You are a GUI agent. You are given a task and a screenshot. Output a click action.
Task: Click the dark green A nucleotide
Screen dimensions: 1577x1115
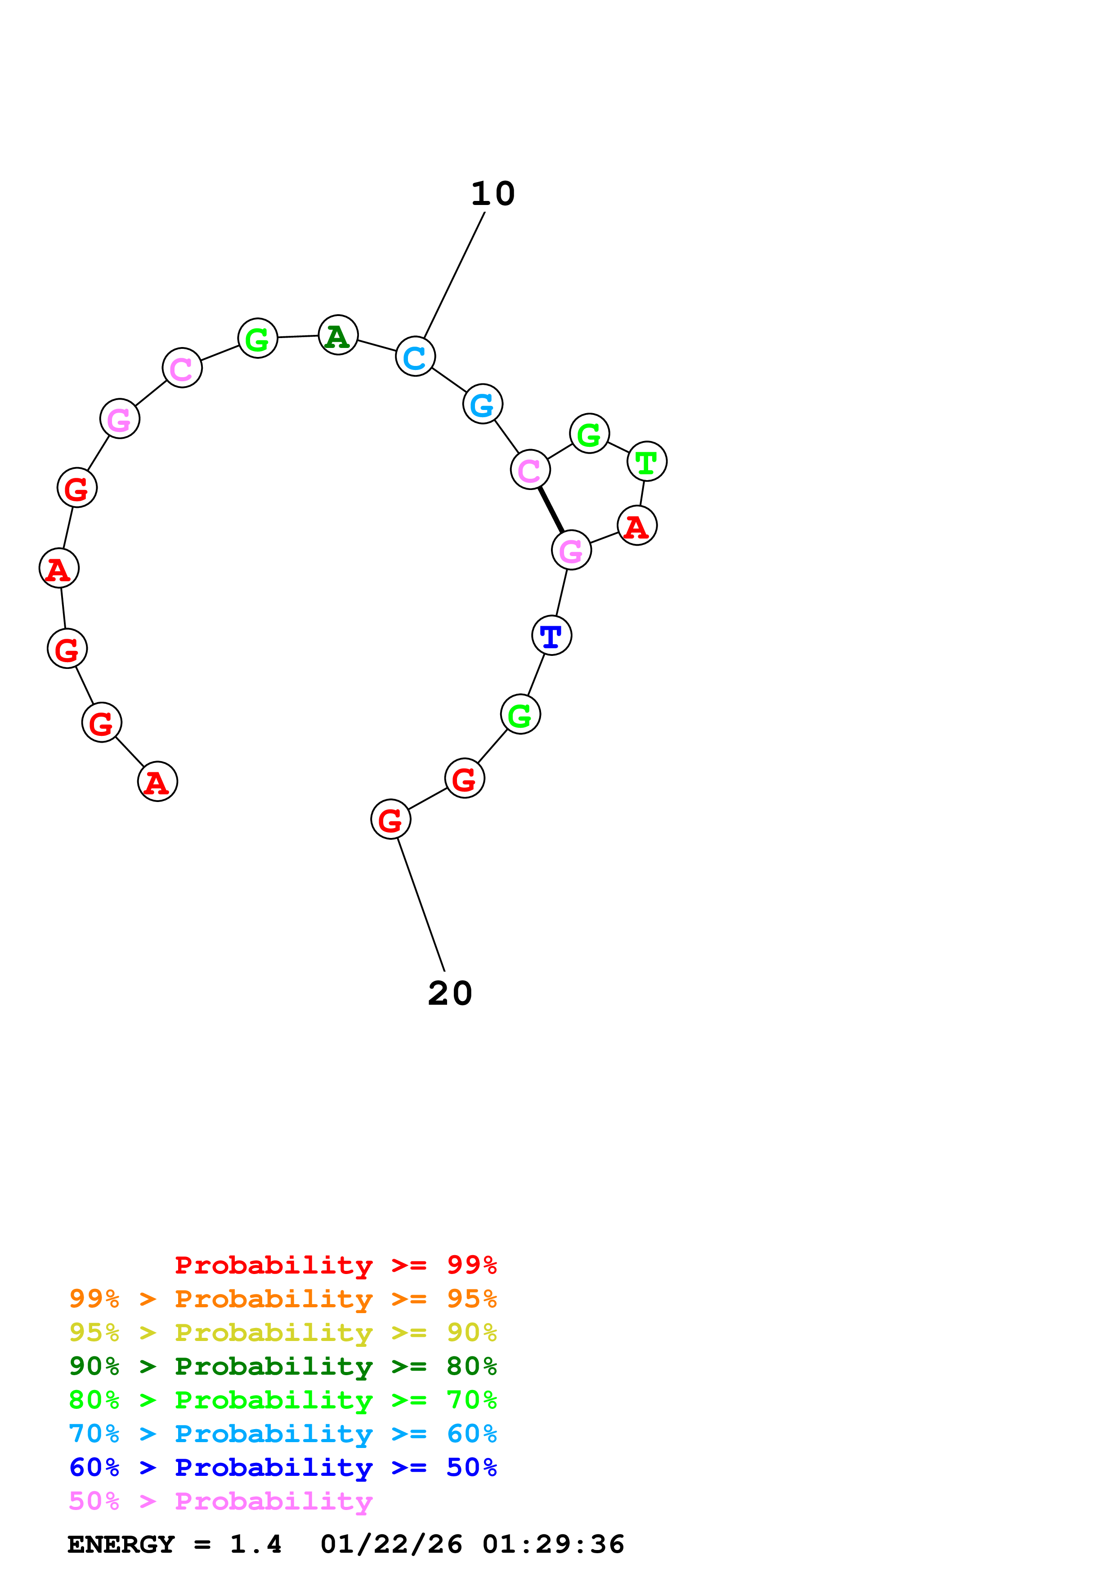[338, 335]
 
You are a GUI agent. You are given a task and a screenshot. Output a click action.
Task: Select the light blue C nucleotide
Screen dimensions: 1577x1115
[416, 356]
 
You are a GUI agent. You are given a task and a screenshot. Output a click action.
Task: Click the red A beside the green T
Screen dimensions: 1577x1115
[637, 526]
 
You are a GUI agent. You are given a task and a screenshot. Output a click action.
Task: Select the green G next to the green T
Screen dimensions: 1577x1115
[590, 433]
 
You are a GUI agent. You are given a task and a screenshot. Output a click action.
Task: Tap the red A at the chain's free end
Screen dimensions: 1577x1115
[158, 782]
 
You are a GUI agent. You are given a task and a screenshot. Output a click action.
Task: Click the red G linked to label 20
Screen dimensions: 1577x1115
[391, 820]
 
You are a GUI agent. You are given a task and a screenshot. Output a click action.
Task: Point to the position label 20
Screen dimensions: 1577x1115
[450, 993]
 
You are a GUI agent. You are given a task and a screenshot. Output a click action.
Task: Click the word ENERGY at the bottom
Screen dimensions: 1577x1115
[121, 1544]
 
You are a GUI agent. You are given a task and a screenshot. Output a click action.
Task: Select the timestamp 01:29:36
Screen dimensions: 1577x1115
[553, 1544]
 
